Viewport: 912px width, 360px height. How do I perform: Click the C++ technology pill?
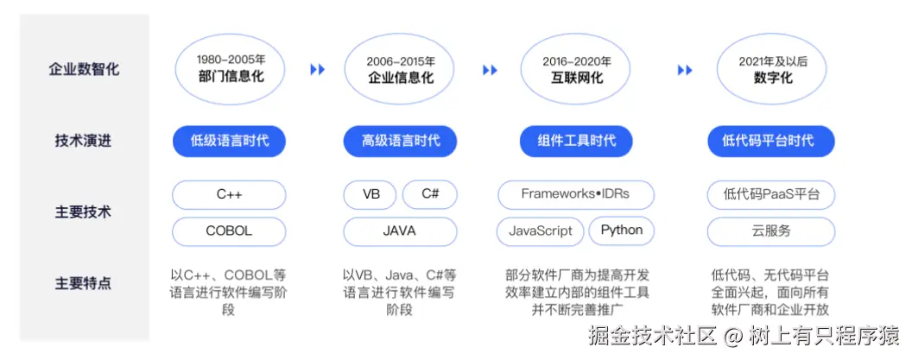(229, 195)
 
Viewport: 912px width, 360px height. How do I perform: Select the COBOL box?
(229, 231)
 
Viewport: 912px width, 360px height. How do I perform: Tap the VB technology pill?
(371, 195)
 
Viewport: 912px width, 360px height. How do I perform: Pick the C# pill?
(430, 195)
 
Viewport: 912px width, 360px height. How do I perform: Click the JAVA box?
(400, 231)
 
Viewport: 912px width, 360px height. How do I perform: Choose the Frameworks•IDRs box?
(575, 195)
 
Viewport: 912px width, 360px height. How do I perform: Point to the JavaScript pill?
(541, 231)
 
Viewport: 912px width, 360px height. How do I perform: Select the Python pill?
(621, 231)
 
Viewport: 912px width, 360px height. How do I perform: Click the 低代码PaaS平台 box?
(771, 195)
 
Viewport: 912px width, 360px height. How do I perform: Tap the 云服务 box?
(771, 231)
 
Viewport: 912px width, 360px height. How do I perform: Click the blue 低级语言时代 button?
(229, 141)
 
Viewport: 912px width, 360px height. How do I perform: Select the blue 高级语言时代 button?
(400, 141)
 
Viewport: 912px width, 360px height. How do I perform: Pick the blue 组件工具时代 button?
(576, 141)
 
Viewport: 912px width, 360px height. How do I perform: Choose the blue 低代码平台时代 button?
(771, 141)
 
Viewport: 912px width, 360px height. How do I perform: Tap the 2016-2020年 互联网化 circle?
(576, 69)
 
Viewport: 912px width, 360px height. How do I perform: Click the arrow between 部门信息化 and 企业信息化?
(318, 70)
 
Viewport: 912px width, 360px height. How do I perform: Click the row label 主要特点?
(83, 283)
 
